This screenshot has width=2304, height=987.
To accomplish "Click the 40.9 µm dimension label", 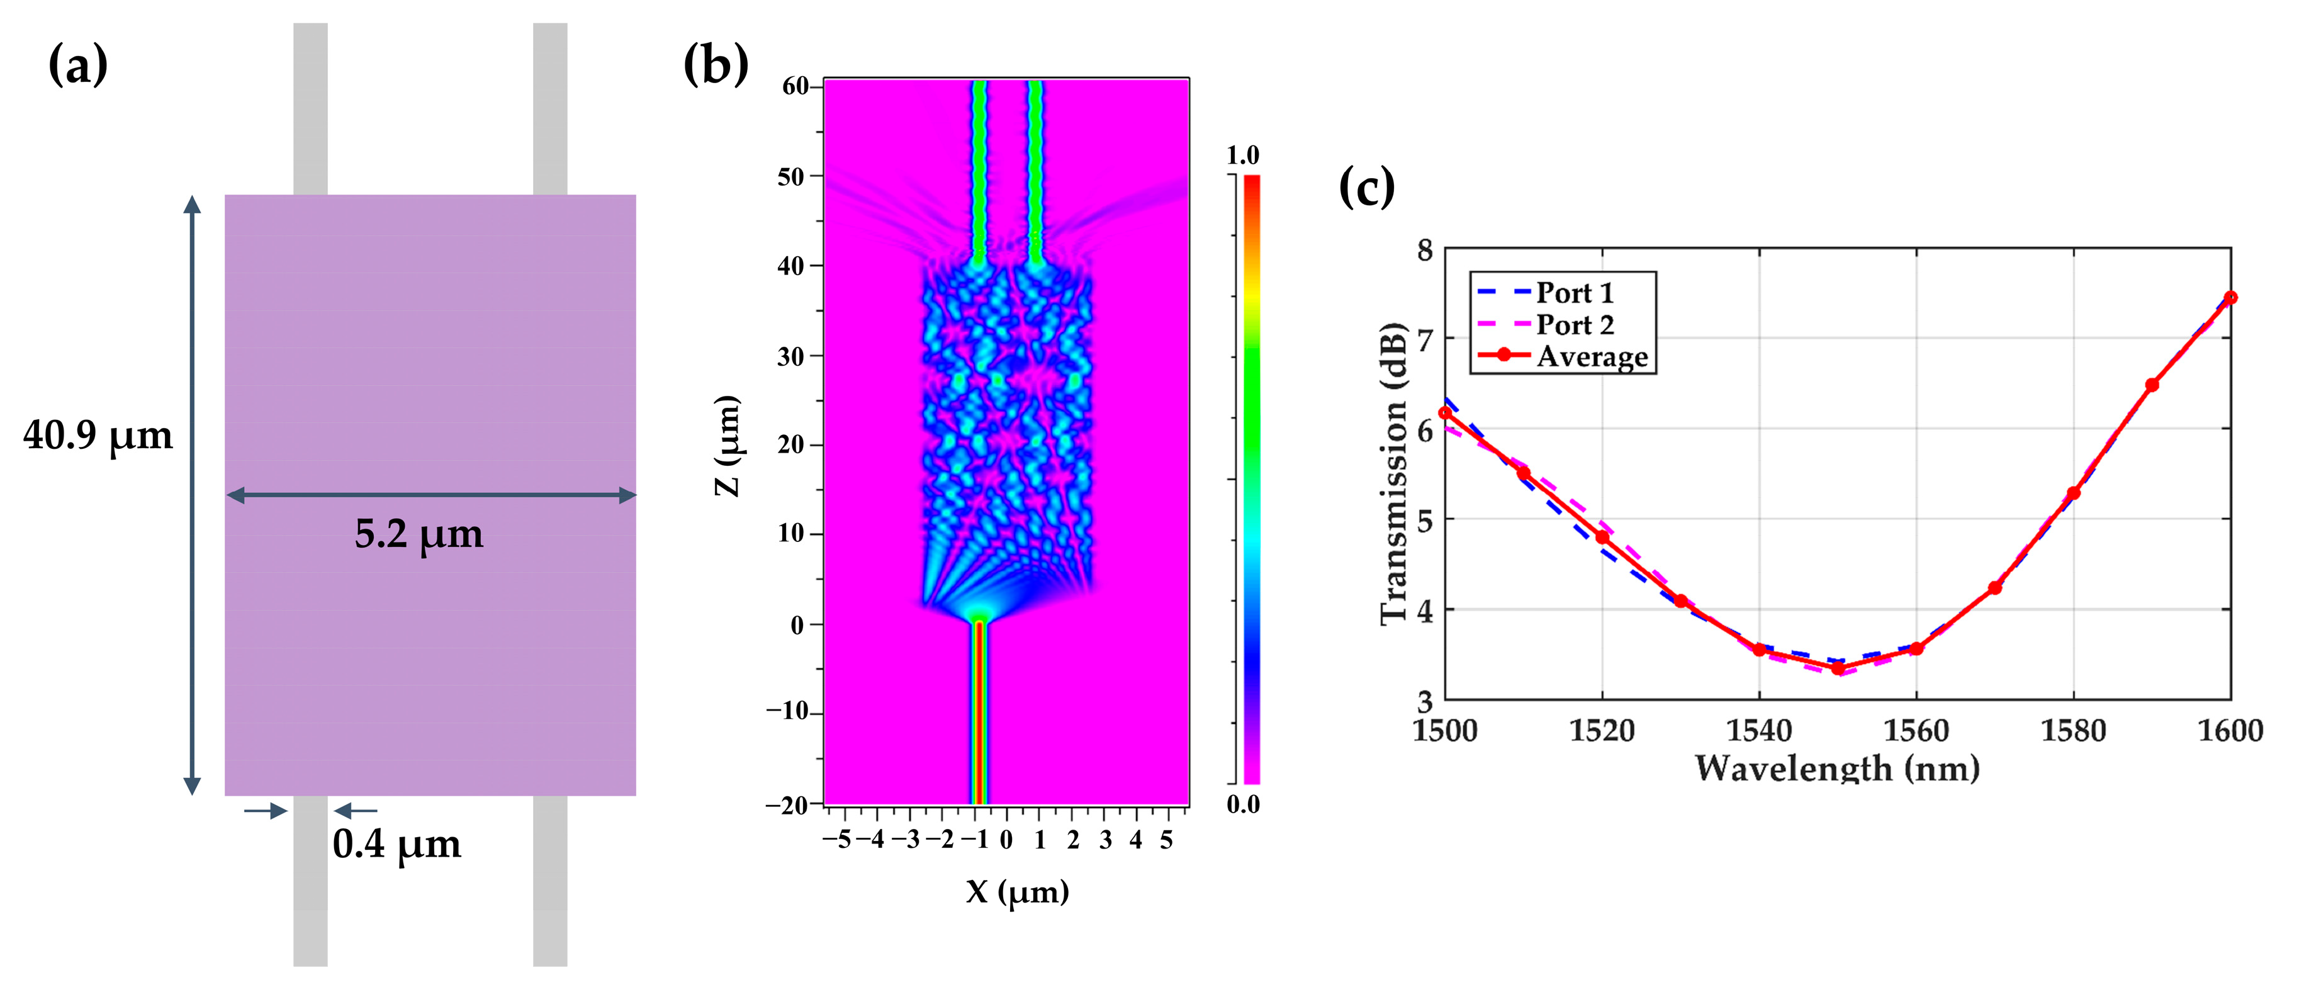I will coord(98,436).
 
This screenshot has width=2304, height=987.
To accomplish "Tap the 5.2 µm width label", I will coord(419,534).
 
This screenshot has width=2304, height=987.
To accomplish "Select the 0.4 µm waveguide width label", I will coord(396,844).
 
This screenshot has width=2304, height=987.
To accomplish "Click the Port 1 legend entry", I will coord(1574,293).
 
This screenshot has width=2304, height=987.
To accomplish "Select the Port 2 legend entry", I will coord(1574,324).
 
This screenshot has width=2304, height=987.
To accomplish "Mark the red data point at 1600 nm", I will coord(2230,298).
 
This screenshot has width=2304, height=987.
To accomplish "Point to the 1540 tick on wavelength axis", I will coord(1758,731).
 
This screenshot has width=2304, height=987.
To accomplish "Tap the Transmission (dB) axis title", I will coord(1393,474).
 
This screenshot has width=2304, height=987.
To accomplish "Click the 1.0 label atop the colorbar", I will coord(1242,155).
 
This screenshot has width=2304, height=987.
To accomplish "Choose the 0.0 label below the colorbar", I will coord(1243,804).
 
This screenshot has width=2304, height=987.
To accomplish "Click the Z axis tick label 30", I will coord(792,356).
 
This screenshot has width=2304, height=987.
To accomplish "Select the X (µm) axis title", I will coord(1017,892).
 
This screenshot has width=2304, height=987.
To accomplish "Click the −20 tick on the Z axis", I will coord(787,804).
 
